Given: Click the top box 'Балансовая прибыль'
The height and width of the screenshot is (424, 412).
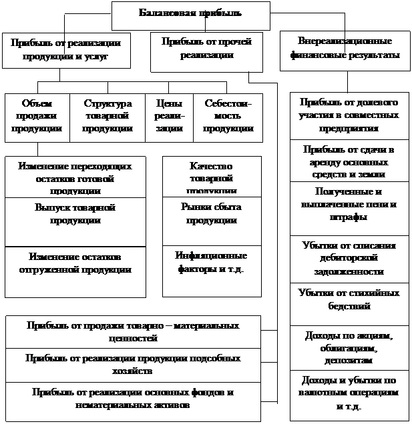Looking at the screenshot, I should click(190, 14).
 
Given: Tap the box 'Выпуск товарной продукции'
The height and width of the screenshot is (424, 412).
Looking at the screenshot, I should click(75, 213).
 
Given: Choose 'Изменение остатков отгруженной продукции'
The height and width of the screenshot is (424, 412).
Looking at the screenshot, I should click(75, 263).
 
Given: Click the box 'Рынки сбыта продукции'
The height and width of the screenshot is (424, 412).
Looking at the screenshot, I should click(211, 213).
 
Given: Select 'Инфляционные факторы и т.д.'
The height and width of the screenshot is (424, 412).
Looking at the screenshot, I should click(211, 263).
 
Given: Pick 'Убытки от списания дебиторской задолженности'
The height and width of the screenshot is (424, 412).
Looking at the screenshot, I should click(349, 258).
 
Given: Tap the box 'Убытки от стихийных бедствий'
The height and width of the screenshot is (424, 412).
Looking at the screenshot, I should click(349, 299).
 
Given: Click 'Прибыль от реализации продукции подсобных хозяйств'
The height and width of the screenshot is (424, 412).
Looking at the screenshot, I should click(132, 364).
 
